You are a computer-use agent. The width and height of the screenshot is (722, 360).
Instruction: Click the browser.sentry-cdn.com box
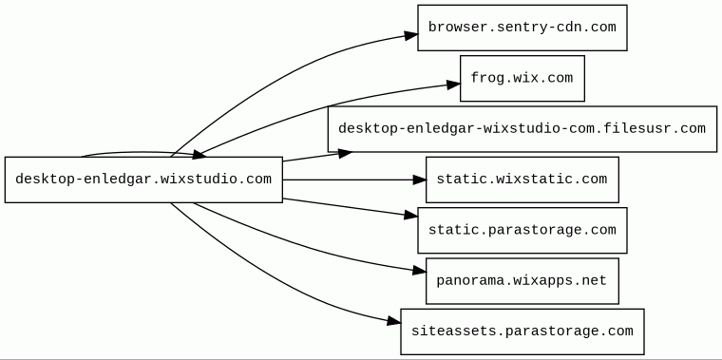522,28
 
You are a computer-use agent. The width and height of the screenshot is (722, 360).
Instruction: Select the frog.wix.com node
522,78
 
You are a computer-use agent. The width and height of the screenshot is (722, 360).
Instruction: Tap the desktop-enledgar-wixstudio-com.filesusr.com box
522,129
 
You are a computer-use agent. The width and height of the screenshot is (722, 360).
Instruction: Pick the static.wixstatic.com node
522,180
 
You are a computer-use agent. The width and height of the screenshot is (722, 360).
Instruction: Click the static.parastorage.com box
522,230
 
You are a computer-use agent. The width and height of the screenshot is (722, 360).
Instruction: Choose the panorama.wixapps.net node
522,281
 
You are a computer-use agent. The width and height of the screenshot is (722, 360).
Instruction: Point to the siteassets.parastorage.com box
522,332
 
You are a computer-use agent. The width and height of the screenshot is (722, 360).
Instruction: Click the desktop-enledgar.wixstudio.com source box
143,180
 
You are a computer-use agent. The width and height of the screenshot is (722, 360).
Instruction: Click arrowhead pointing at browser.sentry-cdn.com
411,35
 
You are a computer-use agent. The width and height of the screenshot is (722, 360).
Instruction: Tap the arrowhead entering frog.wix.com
453,84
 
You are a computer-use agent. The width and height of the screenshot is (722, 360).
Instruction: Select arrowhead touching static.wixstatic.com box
419,180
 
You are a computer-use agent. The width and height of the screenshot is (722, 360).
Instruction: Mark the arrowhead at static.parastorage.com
411,215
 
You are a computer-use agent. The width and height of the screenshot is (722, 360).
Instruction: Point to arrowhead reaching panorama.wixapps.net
420,271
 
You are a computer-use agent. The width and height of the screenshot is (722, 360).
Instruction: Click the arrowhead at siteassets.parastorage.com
394,321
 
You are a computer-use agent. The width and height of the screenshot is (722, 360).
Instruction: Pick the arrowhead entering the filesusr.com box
346,154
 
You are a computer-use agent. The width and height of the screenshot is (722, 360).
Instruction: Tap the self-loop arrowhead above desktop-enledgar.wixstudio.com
199,155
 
